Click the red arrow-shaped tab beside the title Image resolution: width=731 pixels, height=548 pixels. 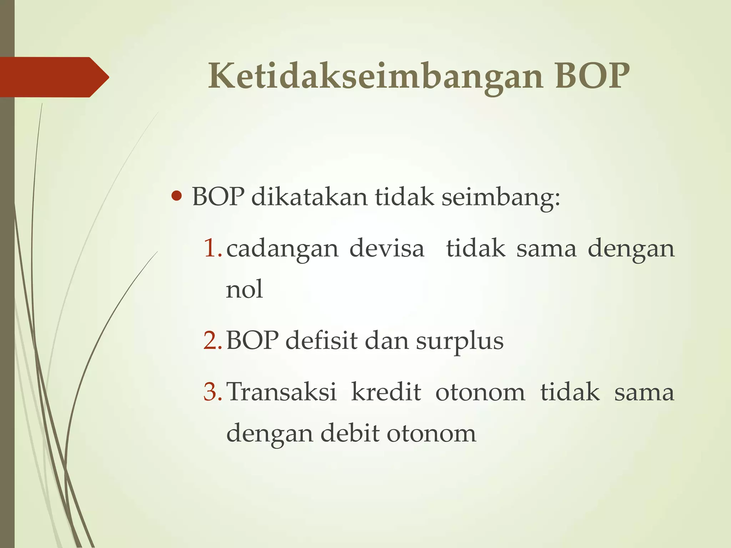pyautogui.click(x=54, y=77)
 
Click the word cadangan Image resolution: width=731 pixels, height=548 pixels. pyautogui.click(x=282, y=249)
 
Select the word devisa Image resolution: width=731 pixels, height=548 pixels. pyautogui.click(x=387, y=248)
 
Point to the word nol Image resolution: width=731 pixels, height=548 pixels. pyautogui.click(x=244, y=289)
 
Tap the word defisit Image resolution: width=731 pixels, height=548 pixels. pyautogui.click(x=321, y=340)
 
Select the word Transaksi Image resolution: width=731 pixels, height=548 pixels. pyautogui.click(x=282, y=392)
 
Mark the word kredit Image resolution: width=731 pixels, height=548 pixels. pyautogui.click(x=386, y=392)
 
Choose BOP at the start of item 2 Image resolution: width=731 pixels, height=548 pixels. pyautogui.click(x=252, y=340)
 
